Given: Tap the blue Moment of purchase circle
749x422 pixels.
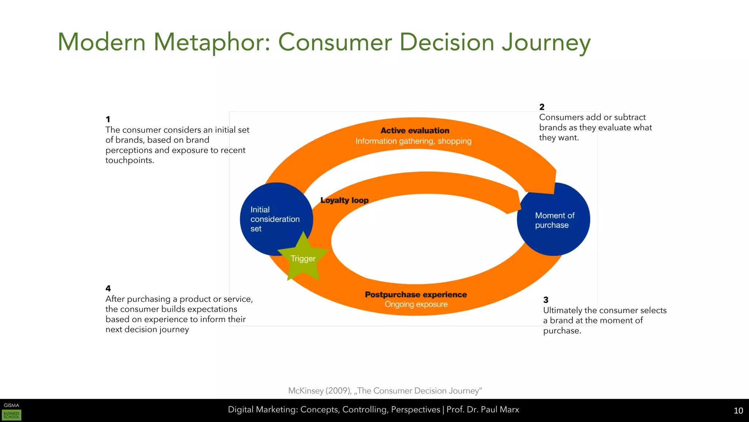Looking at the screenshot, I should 554,220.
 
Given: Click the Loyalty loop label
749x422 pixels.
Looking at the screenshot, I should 344,200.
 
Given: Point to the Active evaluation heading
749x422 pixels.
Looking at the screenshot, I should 415,130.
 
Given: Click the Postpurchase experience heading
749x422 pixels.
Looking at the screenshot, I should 416,295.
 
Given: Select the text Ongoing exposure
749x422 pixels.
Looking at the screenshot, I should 416,304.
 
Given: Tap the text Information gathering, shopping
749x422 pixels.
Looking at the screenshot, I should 413,141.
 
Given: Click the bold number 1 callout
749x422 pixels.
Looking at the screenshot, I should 108,119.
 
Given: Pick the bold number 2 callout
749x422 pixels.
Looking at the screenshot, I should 542,107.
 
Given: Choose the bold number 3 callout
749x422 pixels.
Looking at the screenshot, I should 546,300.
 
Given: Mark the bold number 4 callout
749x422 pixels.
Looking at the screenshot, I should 108,289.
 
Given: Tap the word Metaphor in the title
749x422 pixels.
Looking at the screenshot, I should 212,42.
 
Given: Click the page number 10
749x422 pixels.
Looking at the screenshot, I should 738,411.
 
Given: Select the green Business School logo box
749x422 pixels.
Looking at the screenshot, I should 12,415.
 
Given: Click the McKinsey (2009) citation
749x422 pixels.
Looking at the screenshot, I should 385,391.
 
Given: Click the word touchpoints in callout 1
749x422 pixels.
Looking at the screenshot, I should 129,160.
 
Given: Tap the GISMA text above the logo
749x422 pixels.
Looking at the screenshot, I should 11,405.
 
